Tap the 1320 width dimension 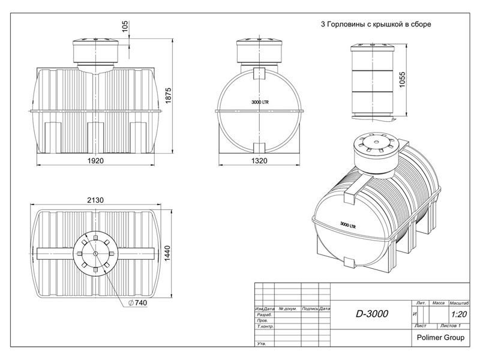[x=259, y=161]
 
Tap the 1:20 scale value [x=459, y=314]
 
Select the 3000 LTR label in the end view [x=260, y=102]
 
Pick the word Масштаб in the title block [x=459, y=304]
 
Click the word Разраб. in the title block [x=264, y=314]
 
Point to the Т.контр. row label [x=265, y=328]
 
